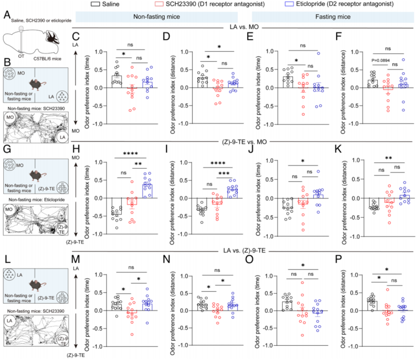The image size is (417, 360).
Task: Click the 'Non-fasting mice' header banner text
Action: [161, 18]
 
